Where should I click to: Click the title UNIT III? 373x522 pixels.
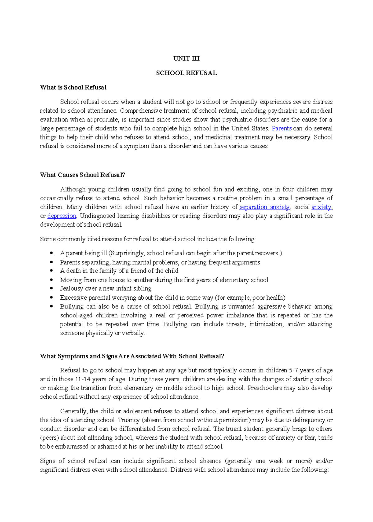pos(186,58)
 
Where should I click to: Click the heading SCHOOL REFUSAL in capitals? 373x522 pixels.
pos(186,73)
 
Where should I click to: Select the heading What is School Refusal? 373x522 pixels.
pos(73,88)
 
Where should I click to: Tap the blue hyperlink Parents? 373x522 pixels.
pos(281,128)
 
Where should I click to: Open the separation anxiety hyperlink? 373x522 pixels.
pos(265,207)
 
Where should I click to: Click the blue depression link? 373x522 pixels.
pos(62,216)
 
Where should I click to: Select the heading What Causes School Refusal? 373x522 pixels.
pos(82,175)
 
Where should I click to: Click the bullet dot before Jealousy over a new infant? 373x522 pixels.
pos(52,288)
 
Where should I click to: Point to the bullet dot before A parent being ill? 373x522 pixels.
pos(52,253)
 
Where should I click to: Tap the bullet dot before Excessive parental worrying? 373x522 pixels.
pos(52,297)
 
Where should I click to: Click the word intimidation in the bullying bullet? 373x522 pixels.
pos(266,324)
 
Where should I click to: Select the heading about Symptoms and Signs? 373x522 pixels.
pos(132,356)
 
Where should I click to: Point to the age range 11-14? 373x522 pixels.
pos(83,379)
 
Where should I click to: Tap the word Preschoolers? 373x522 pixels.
pos(265,388)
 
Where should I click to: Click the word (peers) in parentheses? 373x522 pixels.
pos(49,438)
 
